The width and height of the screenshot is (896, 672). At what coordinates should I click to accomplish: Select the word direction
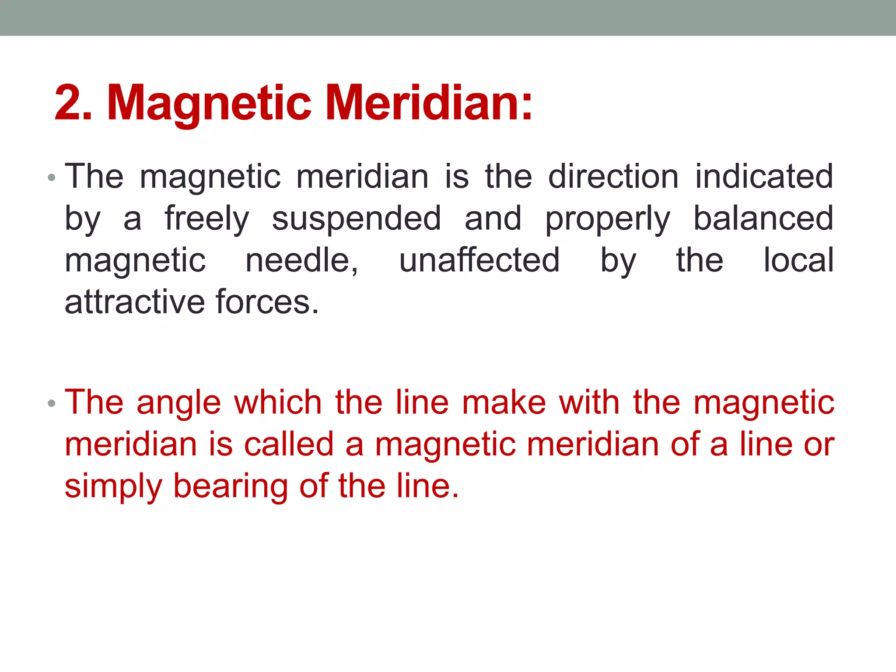coord(613,176)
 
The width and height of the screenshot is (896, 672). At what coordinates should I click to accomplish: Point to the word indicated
coord(764,176)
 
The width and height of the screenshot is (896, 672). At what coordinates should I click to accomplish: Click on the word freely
coord(206,219)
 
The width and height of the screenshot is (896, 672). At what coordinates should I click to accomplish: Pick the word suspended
coord(357,219)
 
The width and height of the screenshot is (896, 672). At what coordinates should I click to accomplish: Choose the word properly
coord(607,219)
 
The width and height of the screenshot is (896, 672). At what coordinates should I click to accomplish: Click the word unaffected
coord(479,260)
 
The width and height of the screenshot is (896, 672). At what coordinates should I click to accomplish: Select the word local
coord(799,260)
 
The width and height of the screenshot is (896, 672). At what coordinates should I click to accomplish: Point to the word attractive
coord(135,302)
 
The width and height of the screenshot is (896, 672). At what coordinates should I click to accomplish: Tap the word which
coord(278,402)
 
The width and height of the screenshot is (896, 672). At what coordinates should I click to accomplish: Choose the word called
coord(289,444)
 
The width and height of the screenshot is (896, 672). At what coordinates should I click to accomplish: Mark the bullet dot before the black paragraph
coord(52,178)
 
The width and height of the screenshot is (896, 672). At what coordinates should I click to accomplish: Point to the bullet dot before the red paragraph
coord(52,403)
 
